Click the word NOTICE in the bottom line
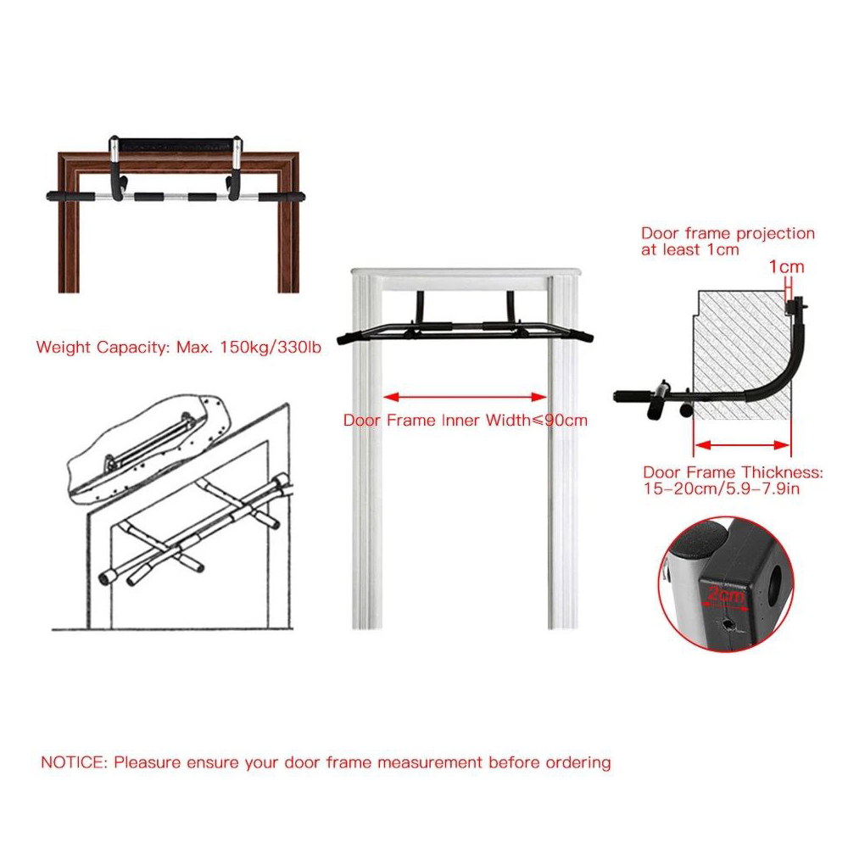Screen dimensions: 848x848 74,762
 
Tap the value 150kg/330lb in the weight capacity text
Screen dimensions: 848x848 270,347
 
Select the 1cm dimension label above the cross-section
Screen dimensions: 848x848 786,266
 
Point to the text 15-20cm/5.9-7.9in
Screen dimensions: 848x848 722,489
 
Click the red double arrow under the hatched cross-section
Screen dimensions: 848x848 742,445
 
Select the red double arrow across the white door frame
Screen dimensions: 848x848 465,397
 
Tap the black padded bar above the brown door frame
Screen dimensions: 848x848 176,145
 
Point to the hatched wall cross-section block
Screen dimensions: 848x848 741,354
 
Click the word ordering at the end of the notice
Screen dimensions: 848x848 578,763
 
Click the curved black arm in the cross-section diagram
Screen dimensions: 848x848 778,368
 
